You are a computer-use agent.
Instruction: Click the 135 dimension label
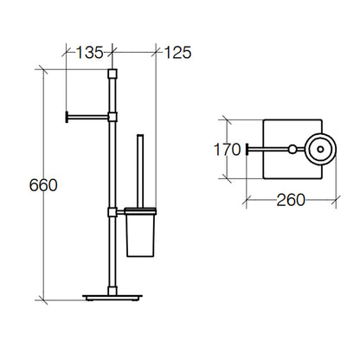pyautogui.click(x=89, y=53)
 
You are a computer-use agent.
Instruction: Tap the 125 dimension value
pyautogui.click(x=177, y=53)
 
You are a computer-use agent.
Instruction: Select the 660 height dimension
pyautogui.click(x=43, y=185)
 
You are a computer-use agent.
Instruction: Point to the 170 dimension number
pyautogui.click(x=227, y=150)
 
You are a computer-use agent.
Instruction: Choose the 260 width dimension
pyautogui.click(x=291, y=200)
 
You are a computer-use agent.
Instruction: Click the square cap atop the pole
pyautogui.click(x=112, y=74)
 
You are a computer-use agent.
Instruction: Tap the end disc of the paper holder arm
pyautogui.click(x=67, y=117)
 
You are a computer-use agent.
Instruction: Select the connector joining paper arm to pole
pyautogui.click(x=112, y=117)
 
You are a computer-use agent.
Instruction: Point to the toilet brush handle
pyautogui.click(x=140, y=170)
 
